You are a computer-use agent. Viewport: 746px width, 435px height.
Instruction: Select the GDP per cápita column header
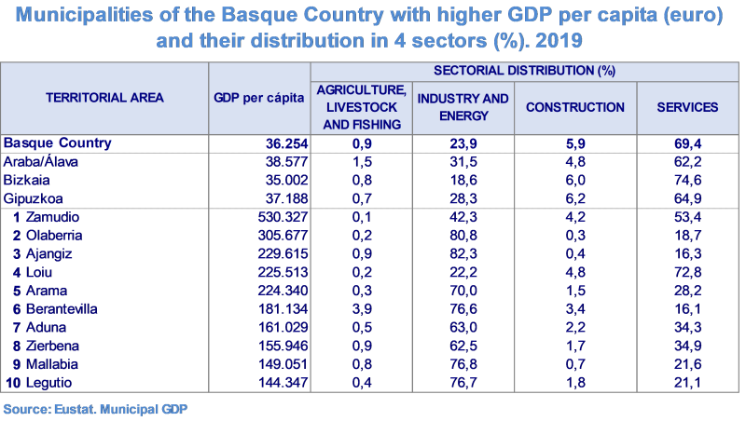(258, 97)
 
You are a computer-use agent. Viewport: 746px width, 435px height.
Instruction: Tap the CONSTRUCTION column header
(574, 107)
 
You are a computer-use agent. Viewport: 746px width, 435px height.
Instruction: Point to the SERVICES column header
(687, 107)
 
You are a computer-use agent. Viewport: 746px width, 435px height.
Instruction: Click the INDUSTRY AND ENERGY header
(463, 107)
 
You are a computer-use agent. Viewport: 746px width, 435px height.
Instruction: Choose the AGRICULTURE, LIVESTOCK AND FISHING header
(361, 107)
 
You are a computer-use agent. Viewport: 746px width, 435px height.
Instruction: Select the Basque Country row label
(58, 143)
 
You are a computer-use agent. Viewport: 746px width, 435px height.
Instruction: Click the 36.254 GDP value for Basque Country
(280, 143)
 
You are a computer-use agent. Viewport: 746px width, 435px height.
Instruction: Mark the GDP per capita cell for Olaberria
(280, 236)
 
